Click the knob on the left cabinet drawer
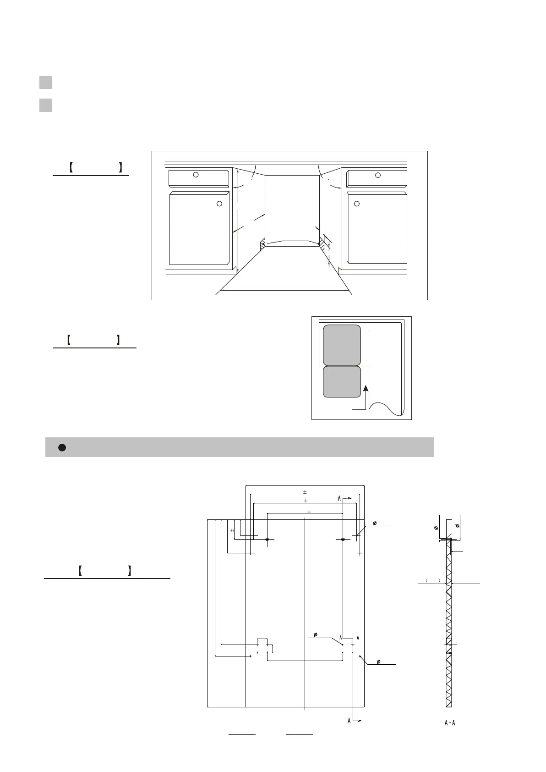[x=196, y=175]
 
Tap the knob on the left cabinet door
[x=219, y=204]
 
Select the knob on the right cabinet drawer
[x=378, y=175]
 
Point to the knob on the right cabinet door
[x=357, y=204]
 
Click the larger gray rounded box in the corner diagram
[x=342, y=345]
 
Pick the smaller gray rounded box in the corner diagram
[x=342, y=382]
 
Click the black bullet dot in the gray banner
[x=62, y=447]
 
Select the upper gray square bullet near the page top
[x=45, y=83]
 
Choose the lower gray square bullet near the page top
[x=45, y=105]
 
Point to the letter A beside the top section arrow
[x=339, y=498]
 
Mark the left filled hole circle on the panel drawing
[x=267, y=540]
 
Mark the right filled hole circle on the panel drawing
[x=343, y=540]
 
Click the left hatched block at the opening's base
[x=263, y=244]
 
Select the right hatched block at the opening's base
[x=322, y=243]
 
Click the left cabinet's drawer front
[x=198, y=178]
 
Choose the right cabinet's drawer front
[x=377, y=178]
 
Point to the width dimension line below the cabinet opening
[x=284, y=290]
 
